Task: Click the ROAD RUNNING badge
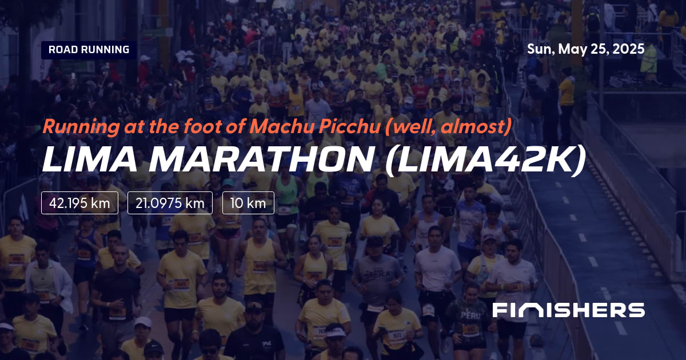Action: pos(89,50)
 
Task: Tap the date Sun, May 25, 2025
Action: pos(585,49)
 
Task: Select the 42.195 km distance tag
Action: pos(79,203)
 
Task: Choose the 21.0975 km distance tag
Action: pos(170,203)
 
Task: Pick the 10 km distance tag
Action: pos(248,203)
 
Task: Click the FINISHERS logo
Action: pos(568,310)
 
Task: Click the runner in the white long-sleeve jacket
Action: pos(48,280)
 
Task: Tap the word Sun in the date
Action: pos(538,49)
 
